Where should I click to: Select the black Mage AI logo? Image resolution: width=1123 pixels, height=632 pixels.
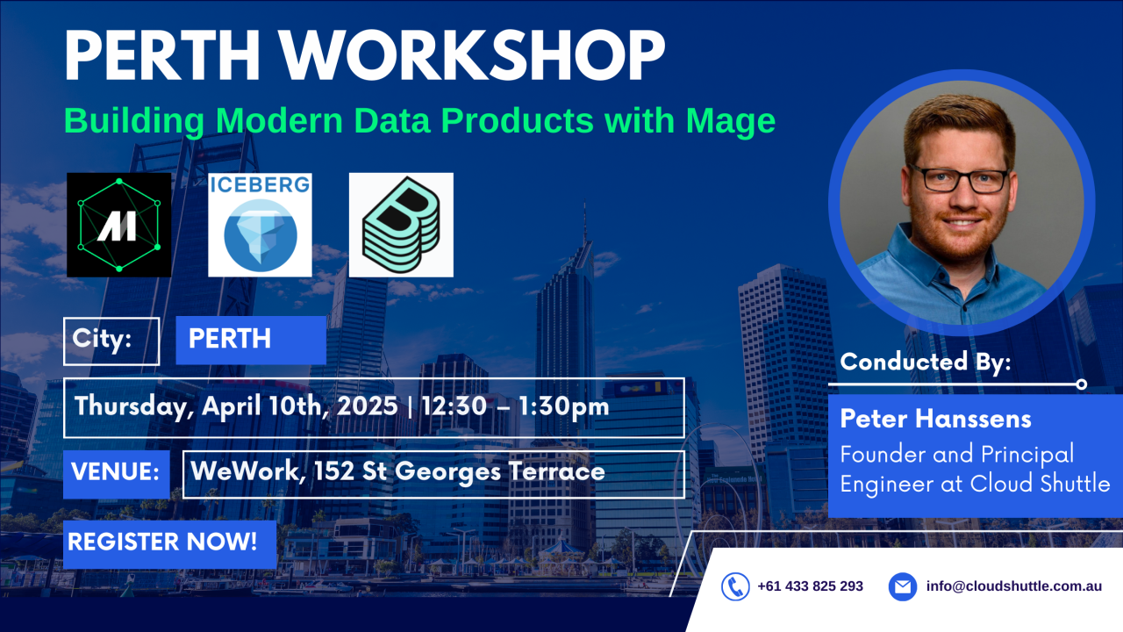click(x=119, y=225)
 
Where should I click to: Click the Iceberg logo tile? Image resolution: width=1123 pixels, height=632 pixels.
click(x=260, y=225)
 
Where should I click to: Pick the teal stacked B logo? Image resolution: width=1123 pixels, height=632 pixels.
click(x=401, y=225)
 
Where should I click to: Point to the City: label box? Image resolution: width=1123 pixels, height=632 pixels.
click(x=111, y=341)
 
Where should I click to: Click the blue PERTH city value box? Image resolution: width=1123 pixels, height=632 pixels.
click(x=251, y=341)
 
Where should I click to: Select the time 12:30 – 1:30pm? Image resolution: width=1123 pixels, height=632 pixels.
click(x=515, y=407)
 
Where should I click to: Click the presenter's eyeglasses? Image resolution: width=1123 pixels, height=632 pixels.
click(x=959, y=178)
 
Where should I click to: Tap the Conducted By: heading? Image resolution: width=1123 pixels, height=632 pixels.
click(x=926, y=362)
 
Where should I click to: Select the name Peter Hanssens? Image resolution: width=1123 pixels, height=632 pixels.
click(x=935, y=419)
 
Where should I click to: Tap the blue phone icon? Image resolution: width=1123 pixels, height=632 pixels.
click(x=735, y=586)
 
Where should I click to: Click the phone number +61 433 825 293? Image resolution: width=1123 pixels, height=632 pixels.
click(x=810, y=586)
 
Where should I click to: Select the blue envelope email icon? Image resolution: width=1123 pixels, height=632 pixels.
click(x=902, y=586)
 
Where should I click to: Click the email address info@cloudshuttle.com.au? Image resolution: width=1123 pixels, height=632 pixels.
click(x=1013, y=586)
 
